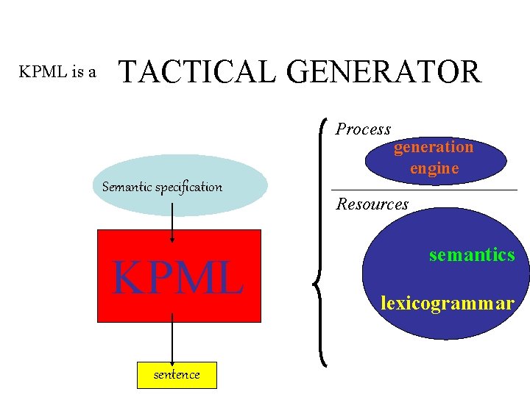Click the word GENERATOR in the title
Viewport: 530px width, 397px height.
click(x=383, y=72)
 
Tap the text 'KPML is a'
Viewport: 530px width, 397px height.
click(x=57, y=72)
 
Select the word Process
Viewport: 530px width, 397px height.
click(x=363, y=129)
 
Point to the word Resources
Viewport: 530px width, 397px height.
click(x=372, y=204)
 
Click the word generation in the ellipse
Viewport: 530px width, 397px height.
click(x=434, y=147)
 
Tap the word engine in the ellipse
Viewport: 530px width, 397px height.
click(x=434, y=168)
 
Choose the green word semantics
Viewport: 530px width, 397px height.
click(x=472, y=255)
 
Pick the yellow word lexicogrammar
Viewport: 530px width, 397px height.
click(x=447, y=302)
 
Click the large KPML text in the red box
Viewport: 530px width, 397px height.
click(x=177, y=278)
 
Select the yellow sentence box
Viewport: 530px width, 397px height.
click(x=177, y=375)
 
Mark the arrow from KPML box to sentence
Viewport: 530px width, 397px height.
click(x=172, y=340)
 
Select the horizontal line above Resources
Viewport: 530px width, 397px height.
click(x=424, y=190)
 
